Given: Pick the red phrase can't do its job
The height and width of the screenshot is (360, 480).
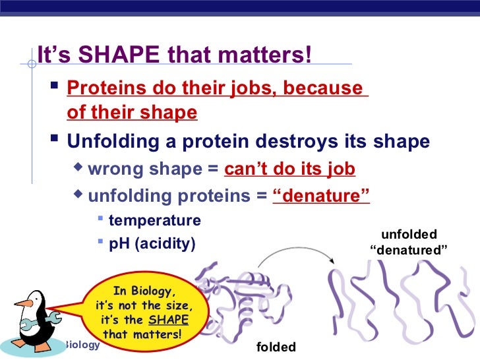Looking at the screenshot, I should (x=289, y=170).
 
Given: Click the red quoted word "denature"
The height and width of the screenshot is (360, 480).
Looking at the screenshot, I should (x=321, y=196).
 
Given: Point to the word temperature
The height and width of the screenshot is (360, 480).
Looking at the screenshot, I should (x=154, y=220).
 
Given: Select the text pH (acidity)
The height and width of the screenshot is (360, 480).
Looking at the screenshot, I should (x=152, y=243).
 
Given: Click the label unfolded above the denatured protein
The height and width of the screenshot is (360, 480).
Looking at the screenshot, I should (x=409, y=235).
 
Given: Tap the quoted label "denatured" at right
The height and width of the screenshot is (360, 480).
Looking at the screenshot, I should (x=408, y=251).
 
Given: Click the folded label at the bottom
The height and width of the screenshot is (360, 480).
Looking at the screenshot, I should (x=276, y=347).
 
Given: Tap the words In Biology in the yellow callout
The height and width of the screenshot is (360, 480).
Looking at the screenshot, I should (x=144, y=291).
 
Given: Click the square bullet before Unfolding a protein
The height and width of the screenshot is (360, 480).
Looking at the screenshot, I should (x=55, y=141).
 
